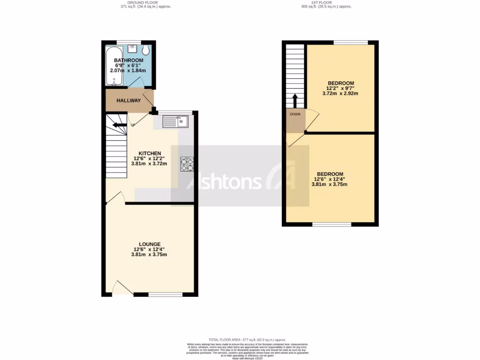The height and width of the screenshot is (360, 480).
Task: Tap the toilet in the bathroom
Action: coord(146,50)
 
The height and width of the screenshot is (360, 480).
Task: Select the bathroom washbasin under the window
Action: coord(132,49)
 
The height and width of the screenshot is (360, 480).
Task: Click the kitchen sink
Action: coord(175,122)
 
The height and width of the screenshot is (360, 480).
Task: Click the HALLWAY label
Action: coord(128,101)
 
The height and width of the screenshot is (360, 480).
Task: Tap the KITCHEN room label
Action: coord(150,153)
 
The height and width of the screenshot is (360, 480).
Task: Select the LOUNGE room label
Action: coord(149,244)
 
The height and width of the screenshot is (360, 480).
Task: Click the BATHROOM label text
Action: coord(128,60)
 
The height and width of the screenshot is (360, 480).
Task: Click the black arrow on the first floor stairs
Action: coord(295,101)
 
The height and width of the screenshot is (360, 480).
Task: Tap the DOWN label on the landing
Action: coord(295,114)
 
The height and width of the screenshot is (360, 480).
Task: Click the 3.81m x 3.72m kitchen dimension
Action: coord(150,164)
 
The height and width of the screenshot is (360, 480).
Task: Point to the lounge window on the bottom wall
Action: coord(165,294)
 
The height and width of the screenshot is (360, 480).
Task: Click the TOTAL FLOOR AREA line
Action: coord(247,339)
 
